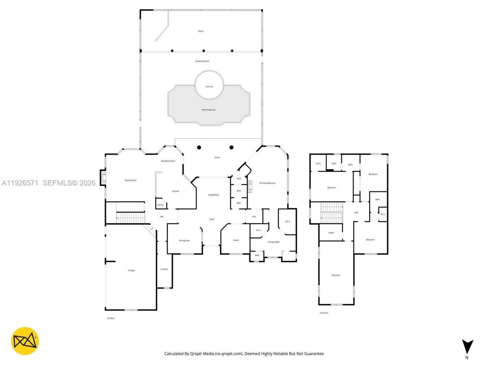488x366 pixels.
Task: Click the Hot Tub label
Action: [x=209, y=87]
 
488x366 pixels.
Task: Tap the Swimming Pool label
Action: [x=209, y=110]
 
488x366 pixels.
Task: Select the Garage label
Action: [x=131, y=270]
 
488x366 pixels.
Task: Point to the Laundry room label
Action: [x=164, y=269]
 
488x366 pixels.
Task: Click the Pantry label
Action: [x=161, y=205]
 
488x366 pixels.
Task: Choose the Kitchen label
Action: [x=176, y=191]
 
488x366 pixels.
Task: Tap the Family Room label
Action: [x=131, y=180]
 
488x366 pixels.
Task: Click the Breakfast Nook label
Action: [x=168, y=161]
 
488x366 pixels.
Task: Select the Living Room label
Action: [x=213, y=195]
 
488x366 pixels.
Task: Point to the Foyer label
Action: [x=212, y=219]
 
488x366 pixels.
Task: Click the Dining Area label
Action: [x=185, y=241]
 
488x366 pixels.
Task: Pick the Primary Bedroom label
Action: [x=267, y=183]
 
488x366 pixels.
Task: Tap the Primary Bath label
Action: [x=273, y=242]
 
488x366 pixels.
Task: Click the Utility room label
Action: [x=331, y=233]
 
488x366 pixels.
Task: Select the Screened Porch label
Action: [x=202, y=61]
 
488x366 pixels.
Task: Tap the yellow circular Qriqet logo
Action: [x=25, y=341]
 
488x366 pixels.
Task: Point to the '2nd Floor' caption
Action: [x=324, y=313]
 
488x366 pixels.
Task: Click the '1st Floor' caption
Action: [x=110, y=318]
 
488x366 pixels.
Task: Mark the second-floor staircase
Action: [x=332, y=213]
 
